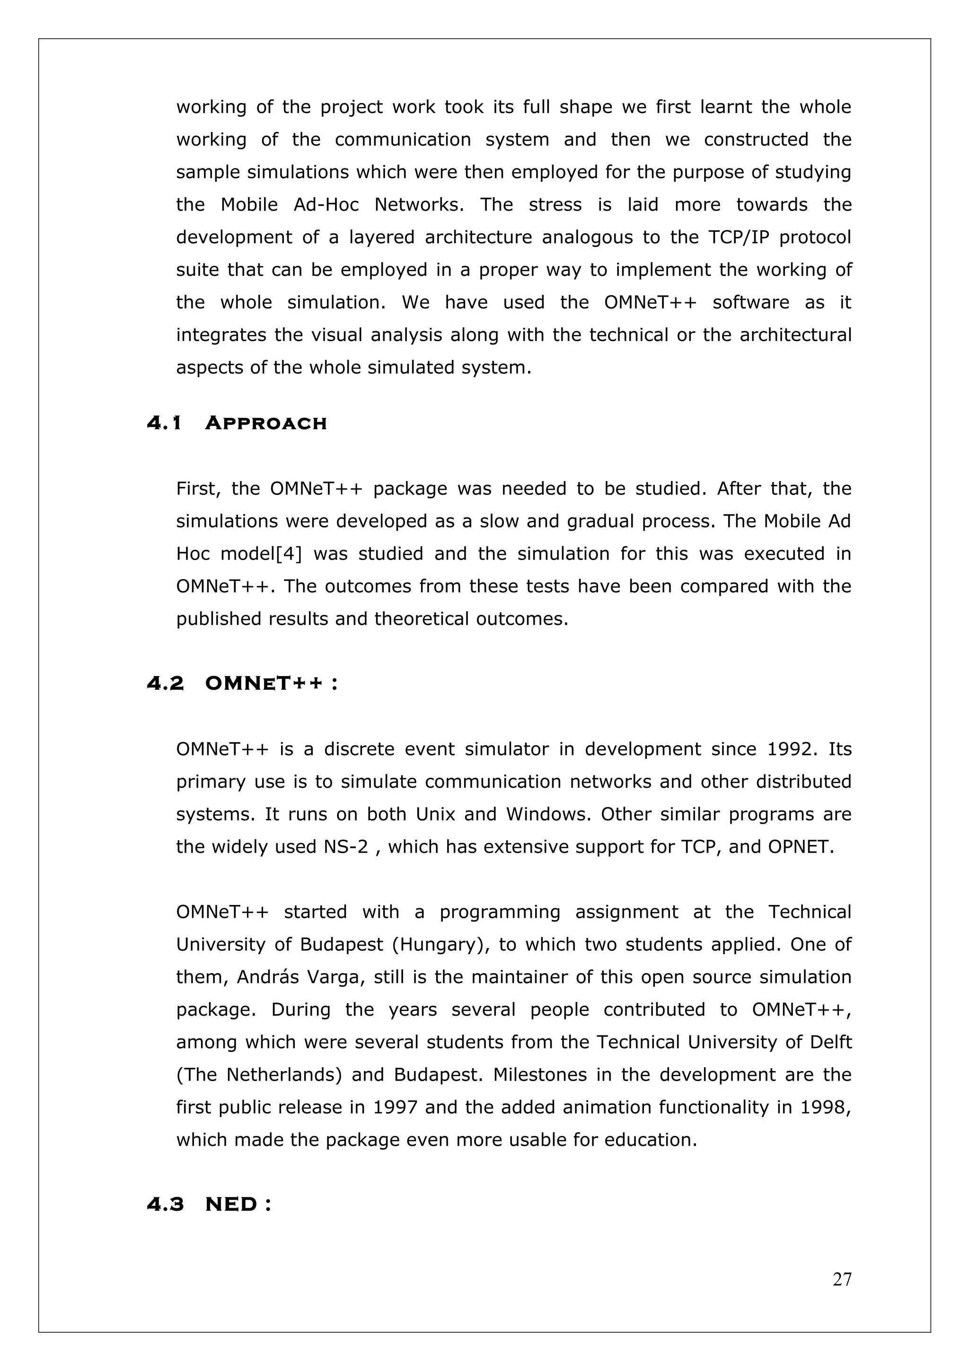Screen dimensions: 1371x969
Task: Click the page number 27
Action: point(842,1279)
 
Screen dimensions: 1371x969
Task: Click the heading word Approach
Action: point(266,423)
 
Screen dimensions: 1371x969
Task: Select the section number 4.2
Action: point(165,684)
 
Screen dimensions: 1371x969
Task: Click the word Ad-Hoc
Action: point(326,205)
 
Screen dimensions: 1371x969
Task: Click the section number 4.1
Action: point(164,423)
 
